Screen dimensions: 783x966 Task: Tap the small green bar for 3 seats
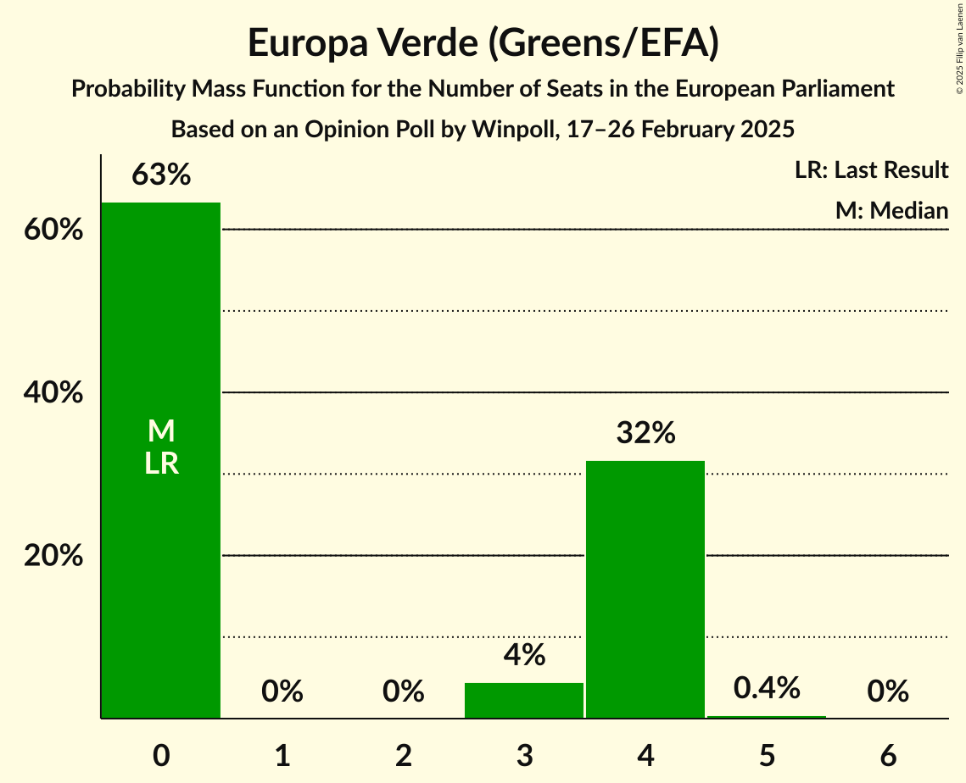pos(524,701)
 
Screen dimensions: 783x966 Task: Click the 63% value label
pos(161,175)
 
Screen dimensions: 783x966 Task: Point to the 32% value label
pos(645,433)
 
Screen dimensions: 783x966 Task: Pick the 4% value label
pos(524,655)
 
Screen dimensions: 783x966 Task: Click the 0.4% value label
pos(767,688)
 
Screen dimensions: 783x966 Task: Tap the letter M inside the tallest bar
pos(161,432)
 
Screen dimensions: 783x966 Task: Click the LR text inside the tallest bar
pos(161,464)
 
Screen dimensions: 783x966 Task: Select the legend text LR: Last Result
pos(871,170)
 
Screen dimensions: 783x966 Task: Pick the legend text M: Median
pos(891,210)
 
